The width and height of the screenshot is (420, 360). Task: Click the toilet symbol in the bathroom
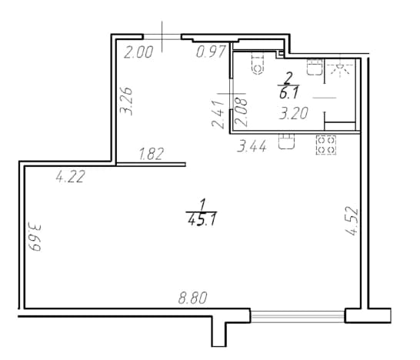(x=258, y=64)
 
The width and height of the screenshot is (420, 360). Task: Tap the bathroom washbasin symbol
(x=315, y=67)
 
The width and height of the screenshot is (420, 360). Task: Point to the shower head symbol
(x=340, y=68)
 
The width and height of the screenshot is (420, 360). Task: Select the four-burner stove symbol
(x=326, y=145)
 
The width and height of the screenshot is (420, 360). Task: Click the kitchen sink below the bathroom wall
(x=286, y=142)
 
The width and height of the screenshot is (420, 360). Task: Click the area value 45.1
(x=202, y=221)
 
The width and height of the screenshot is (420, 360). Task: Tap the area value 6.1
(x=288, y=94)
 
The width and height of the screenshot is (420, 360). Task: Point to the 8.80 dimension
(x=193, y=298)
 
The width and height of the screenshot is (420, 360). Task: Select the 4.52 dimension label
(x=352, y=221)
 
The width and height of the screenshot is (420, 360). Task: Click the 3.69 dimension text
(x=35, y=238)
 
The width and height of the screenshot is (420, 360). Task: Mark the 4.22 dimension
(x=71, y=176)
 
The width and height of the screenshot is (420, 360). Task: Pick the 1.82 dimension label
(x=152, y=155)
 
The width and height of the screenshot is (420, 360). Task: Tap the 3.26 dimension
(x=126, y=101)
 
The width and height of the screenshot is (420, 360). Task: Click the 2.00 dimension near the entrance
(x=138, y=52)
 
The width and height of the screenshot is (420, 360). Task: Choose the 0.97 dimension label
(x=211, y=52)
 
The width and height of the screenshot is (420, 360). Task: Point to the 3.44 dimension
(x=252, y=146)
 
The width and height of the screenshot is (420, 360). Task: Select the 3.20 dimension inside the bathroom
(x=294, y=113)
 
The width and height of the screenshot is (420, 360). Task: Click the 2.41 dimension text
(x=218, y=115)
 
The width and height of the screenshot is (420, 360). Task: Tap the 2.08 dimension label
(x=241, y=112)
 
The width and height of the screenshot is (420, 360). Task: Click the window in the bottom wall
(x=298, y=316)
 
